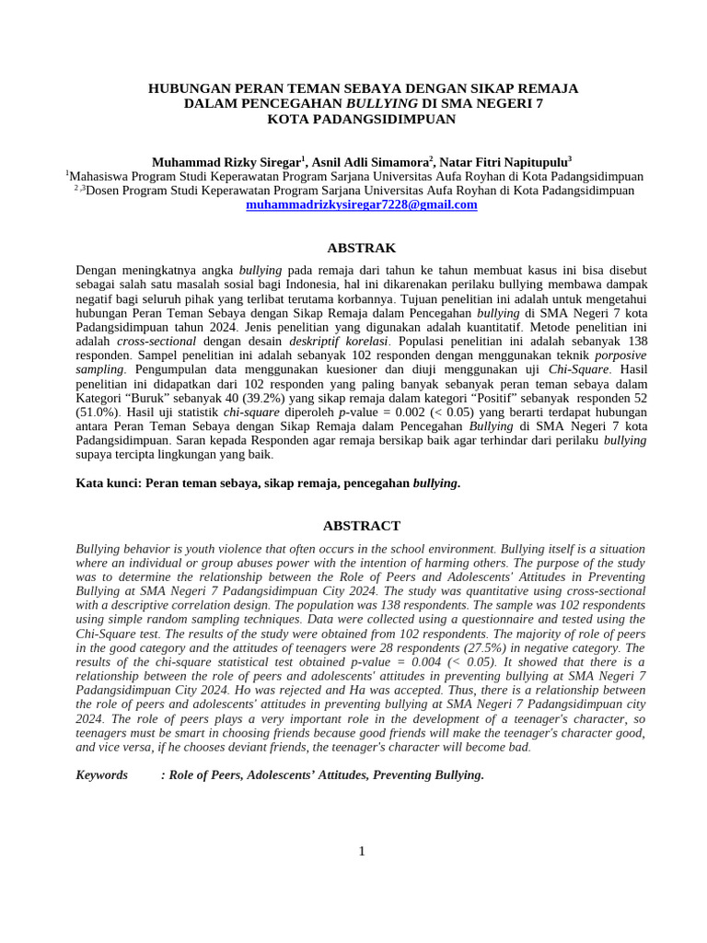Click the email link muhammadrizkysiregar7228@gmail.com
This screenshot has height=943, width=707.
point(361,205)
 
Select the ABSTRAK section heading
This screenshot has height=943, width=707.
point(361,248)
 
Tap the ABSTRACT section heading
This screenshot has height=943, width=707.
point(361,526)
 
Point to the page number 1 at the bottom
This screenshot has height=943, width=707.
point(362,851)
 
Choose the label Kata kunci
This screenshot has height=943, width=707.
point(108,483)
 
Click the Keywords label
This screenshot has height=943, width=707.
point(101,774)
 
